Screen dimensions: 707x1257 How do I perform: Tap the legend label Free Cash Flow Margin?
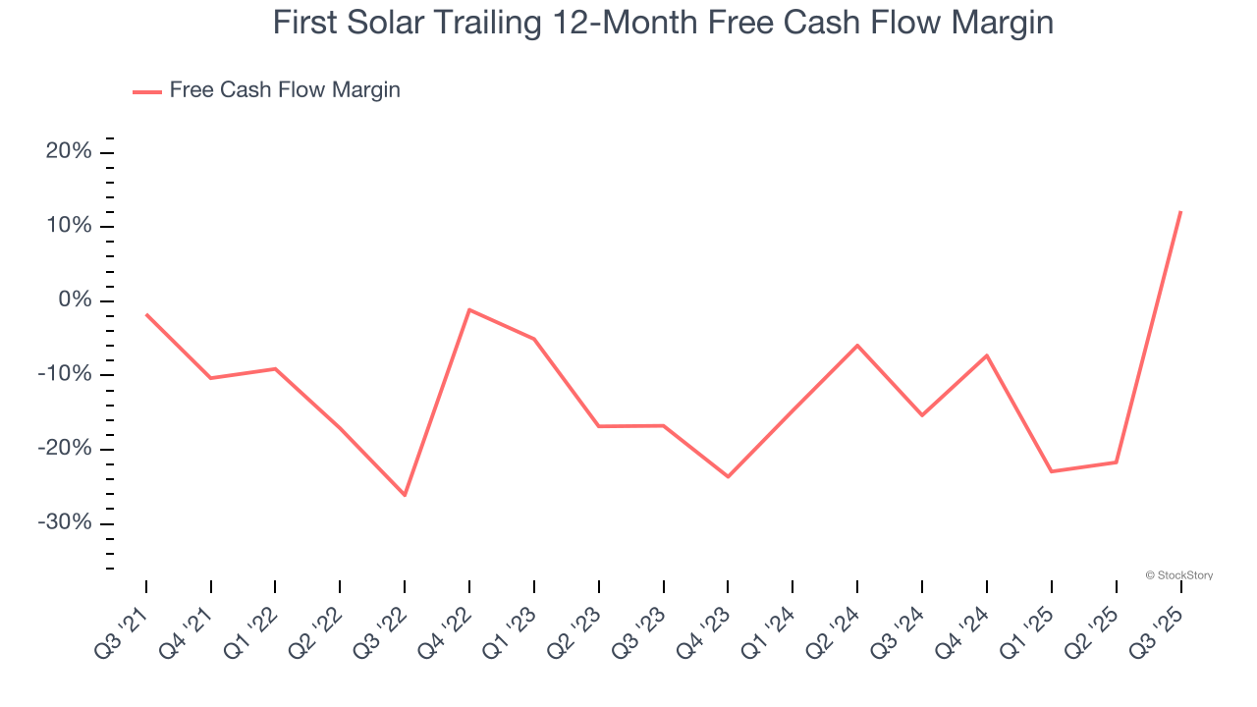[285, 90]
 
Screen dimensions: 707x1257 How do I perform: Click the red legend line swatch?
[147, 92]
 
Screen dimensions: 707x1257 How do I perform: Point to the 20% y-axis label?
[69, 152]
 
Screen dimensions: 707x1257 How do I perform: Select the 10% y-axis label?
[69, 227]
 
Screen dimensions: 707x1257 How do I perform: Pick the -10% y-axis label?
[65, 375]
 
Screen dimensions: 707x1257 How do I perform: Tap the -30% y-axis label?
[65, 523]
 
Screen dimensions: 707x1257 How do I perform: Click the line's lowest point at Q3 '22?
[405, 495]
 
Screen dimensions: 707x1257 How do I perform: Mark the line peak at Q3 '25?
[1180, 211]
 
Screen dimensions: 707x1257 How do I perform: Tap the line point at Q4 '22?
[469, 309]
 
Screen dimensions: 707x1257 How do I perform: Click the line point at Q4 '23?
[728, 476]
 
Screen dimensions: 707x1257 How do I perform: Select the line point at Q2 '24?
[857, 345]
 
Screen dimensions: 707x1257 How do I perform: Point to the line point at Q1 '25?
[1051, 471]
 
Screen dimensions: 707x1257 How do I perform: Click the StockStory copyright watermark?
[1178, 575]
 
